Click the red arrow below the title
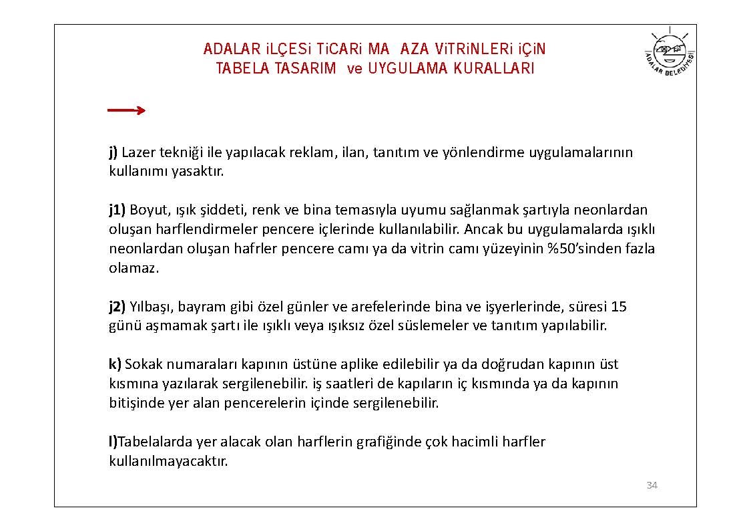click(x=126, y=110)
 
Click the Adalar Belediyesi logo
click(x=670, y=54)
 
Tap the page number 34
click(x=652, y=485)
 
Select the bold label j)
click(x=113, y=152)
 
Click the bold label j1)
click(x=117, y=210)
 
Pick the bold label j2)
click(x=117, y=307)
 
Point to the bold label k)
click(x=115, y=364)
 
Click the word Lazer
click(x=138, y=152)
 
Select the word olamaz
click(x=134, y=268)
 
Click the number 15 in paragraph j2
click(x=619, y=307)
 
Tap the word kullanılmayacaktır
click(x=168, y=461)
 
